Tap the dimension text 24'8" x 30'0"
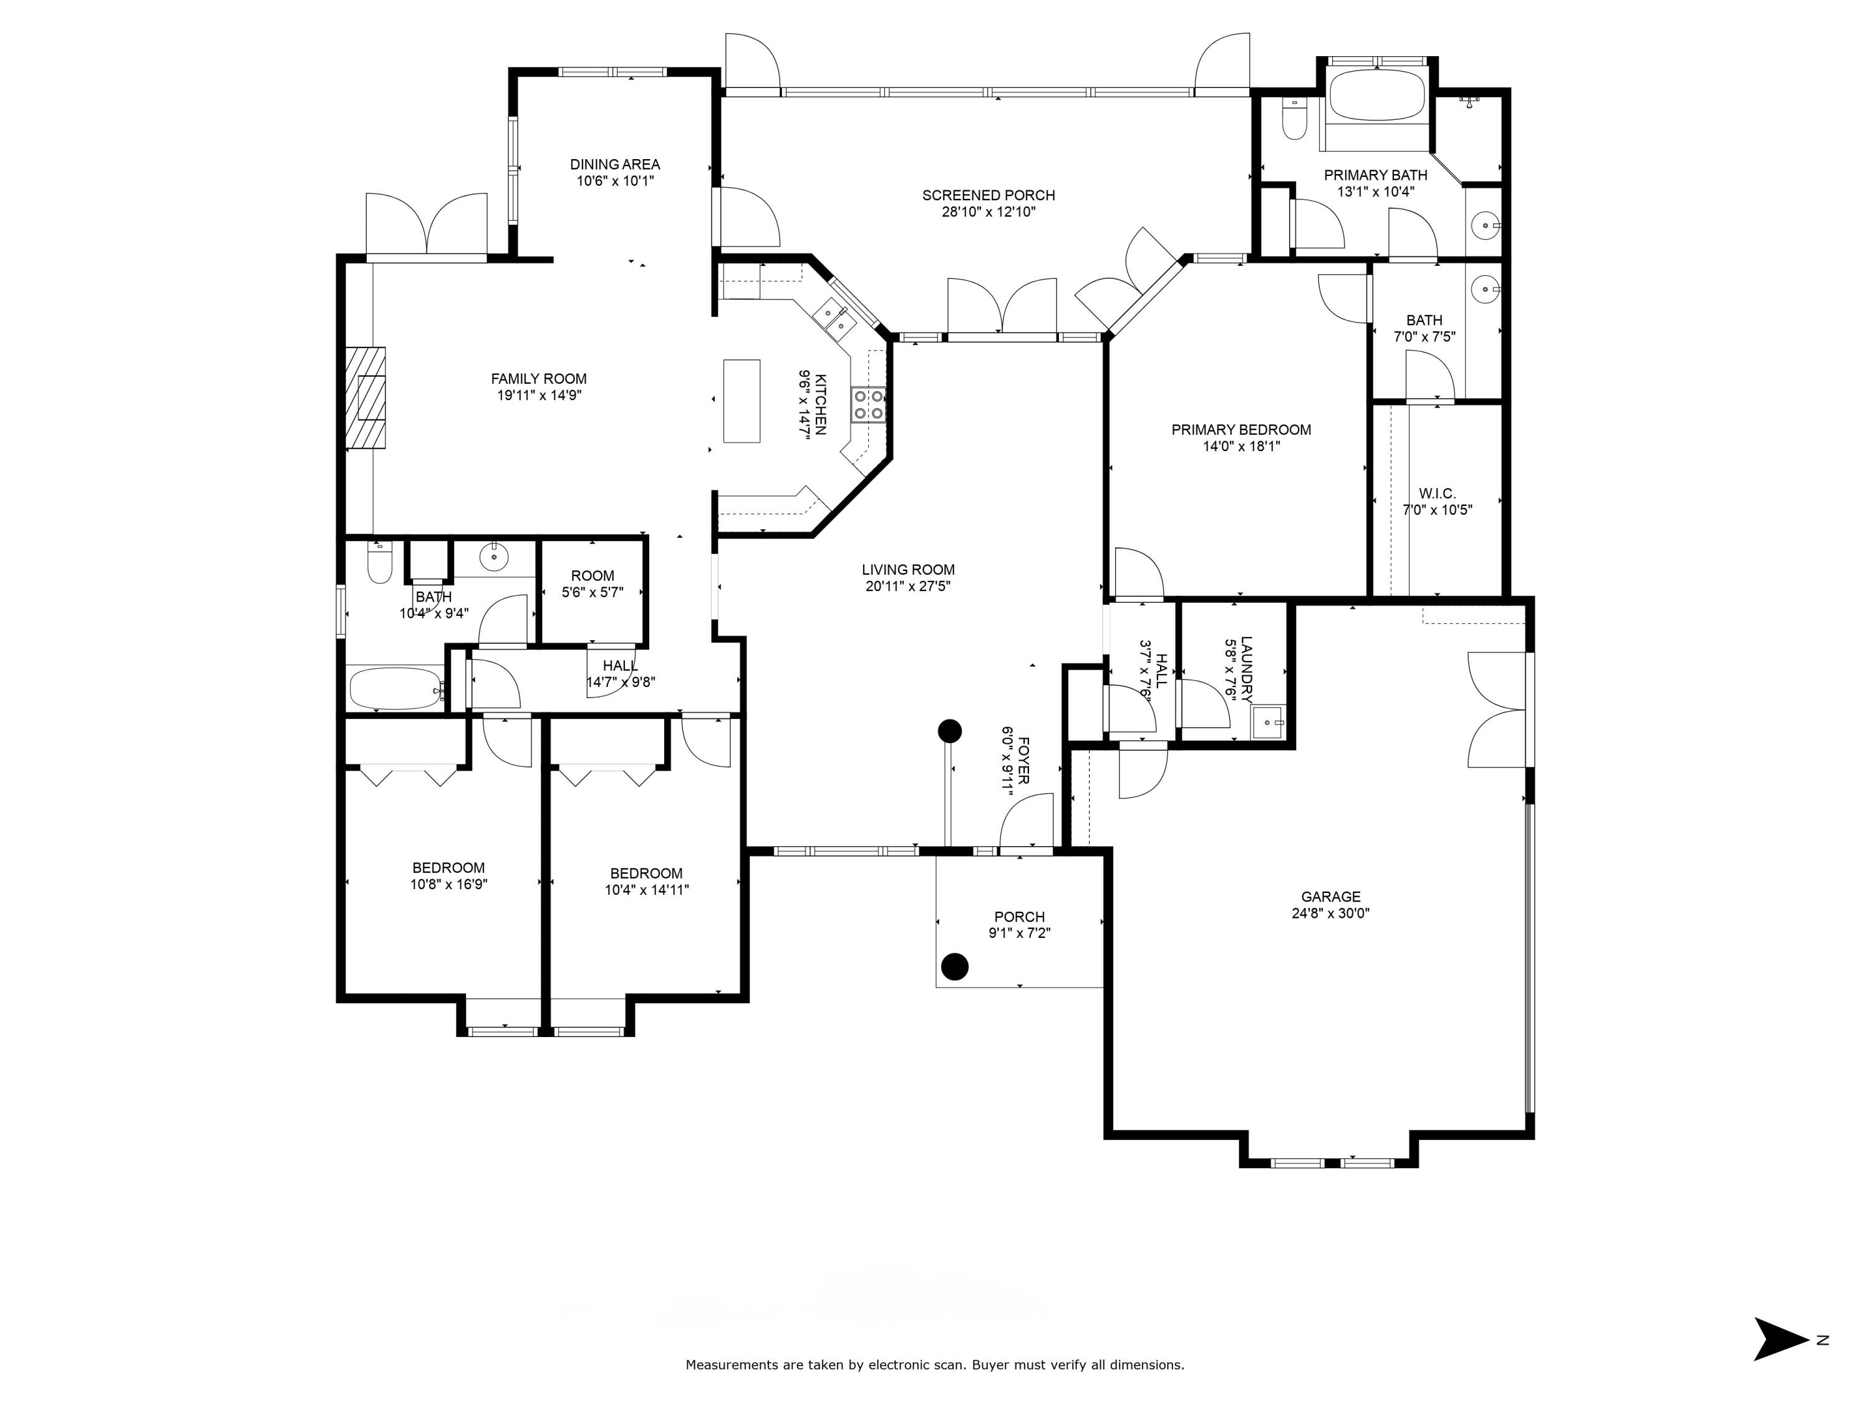click(x=1330, y=913)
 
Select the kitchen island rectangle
click(x=741, y=401)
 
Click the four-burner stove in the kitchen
click(x=868, y=404)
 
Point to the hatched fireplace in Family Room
click(x=365, y=397)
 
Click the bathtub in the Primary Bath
click(x=1376, y=95)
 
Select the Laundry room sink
click(x=1267, y=722)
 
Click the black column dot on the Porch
click(x=955, y=965)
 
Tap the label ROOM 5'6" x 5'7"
click(x=592, y=584)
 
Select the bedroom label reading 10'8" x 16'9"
click(x=448, y=884)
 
